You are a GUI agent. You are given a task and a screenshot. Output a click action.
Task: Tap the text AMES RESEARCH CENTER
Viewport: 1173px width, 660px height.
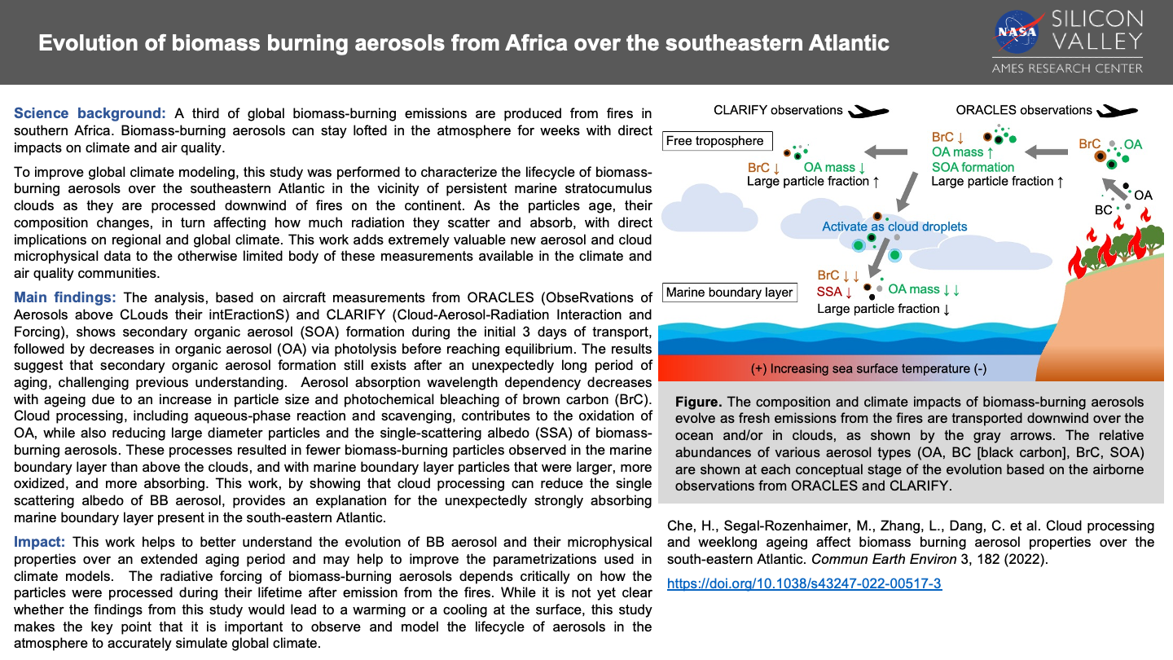1067,68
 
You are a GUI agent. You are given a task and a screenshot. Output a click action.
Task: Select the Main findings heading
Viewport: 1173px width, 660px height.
65,297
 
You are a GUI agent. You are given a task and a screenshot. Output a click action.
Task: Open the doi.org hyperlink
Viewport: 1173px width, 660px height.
804,583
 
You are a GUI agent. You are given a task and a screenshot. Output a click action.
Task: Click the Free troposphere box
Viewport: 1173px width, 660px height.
714,141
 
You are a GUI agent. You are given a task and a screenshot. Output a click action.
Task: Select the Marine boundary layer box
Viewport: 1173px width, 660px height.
729,292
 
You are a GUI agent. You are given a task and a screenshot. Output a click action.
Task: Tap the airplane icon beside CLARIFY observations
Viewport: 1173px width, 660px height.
868,111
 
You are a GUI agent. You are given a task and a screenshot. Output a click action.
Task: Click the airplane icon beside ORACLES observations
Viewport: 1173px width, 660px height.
1116,111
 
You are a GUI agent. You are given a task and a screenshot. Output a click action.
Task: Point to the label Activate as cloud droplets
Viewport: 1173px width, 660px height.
894,227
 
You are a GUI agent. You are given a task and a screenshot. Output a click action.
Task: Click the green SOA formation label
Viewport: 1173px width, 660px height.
973,167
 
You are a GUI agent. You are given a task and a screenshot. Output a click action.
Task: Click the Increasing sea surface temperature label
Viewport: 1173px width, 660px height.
868,368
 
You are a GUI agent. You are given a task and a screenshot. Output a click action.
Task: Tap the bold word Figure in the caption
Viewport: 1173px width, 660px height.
698,403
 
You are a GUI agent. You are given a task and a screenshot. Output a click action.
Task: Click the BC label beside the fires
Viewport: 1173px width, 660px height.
1103,210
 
